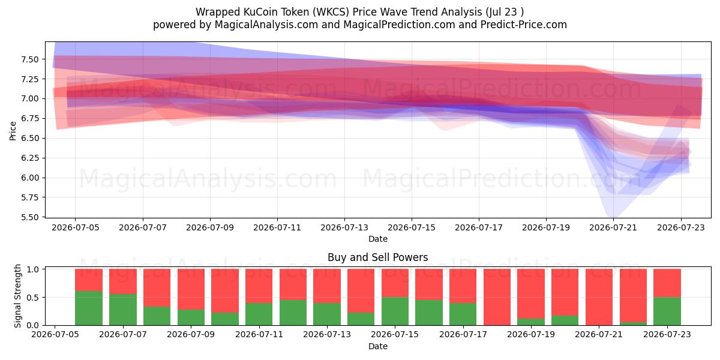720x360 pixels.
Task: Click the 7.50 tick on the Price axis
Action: tap(30, 59)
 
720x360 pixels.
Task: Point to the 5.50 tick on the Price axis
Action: tap(30, 217)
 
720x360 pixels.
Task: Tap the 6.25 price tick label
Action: tap(30, 158)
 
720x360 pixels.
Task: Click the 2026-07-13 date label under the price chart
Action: tap(344, 227)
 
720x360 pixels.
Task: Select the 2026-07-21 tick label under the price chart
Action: tap(613, 227)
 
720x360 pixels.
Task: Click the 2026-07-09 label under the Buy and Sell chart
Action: tap(191, 334)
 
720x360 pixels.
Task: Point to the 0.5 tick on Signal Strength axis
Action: tap(32, 298)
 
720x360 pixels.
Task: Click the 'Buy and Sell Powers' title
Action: tap(377, 257)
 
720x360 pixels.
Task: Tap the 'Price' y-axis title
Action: tap(13, 131)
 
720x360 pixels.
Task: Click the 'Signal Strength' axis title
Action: tap(17, 296)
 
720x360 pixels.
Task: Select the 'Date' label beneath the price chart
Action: tap(378, 239)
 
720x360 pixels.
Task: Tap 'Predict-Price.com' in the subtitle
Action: tap(524, 25)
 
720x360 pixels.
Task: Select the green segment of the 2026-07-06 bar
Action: tap(89, 308)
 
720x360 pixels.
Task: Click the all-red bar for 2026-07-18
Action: tap(497, 297)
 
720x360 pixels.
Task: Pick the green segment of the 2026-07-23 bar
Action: tap(667, 311)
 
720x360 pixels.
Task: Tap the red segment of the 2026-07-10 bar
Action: tap(225, 291)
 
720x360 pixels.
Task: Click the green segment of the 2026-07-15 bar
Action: tap(395, 311)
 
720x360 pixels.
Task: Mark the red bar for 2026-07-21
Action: tap(599, 297)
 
